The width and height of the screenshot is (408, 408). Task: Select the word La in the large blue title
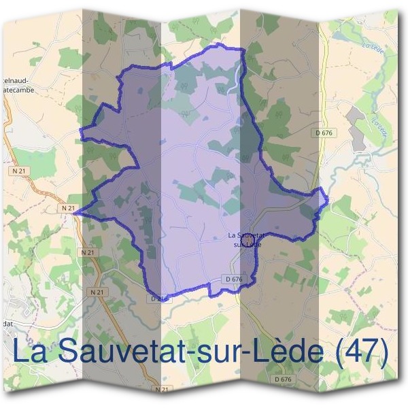(x=31, y=352)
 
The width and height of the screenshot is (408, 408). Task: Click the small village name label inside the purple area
(x=245, y=239)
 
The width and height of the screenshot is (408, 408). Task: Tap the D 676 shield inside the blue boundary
(x=233, y=279)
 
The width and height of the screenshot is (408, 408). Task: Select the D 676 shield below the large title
(x=283, y=379)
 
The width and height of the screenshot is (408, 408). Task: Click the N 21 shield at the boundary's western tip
(x=67, y=207)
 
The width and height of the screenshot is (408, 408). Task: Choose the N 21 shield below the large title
(x=160, y=390)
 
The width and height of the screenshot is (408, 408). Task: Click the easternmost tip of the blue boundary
(x=328, y=199)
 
